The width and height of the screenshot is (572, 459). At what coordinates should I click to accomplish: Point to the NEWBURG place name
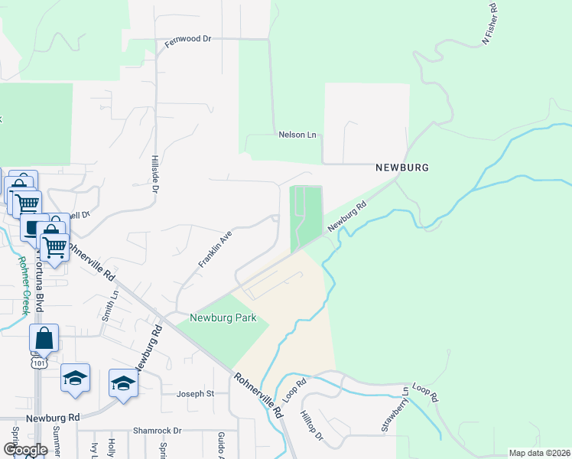pyautogui.click(x=401, y=167)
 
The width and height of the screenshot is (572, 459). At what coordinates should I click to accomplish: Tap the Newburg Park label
pyautogui.click(x=223, y=317)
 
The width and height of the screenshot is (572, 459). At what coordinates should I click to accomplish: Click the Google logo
pyautogui.click(x=25, y=450)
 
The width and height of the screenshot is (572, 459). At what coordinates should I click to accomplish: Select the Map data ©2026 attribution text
pyautogui.click(x=539, y=453)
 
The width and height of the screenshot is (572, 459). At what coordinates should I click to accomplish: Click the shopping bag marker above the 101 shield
pyautogui.click(x=44, y=339)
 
